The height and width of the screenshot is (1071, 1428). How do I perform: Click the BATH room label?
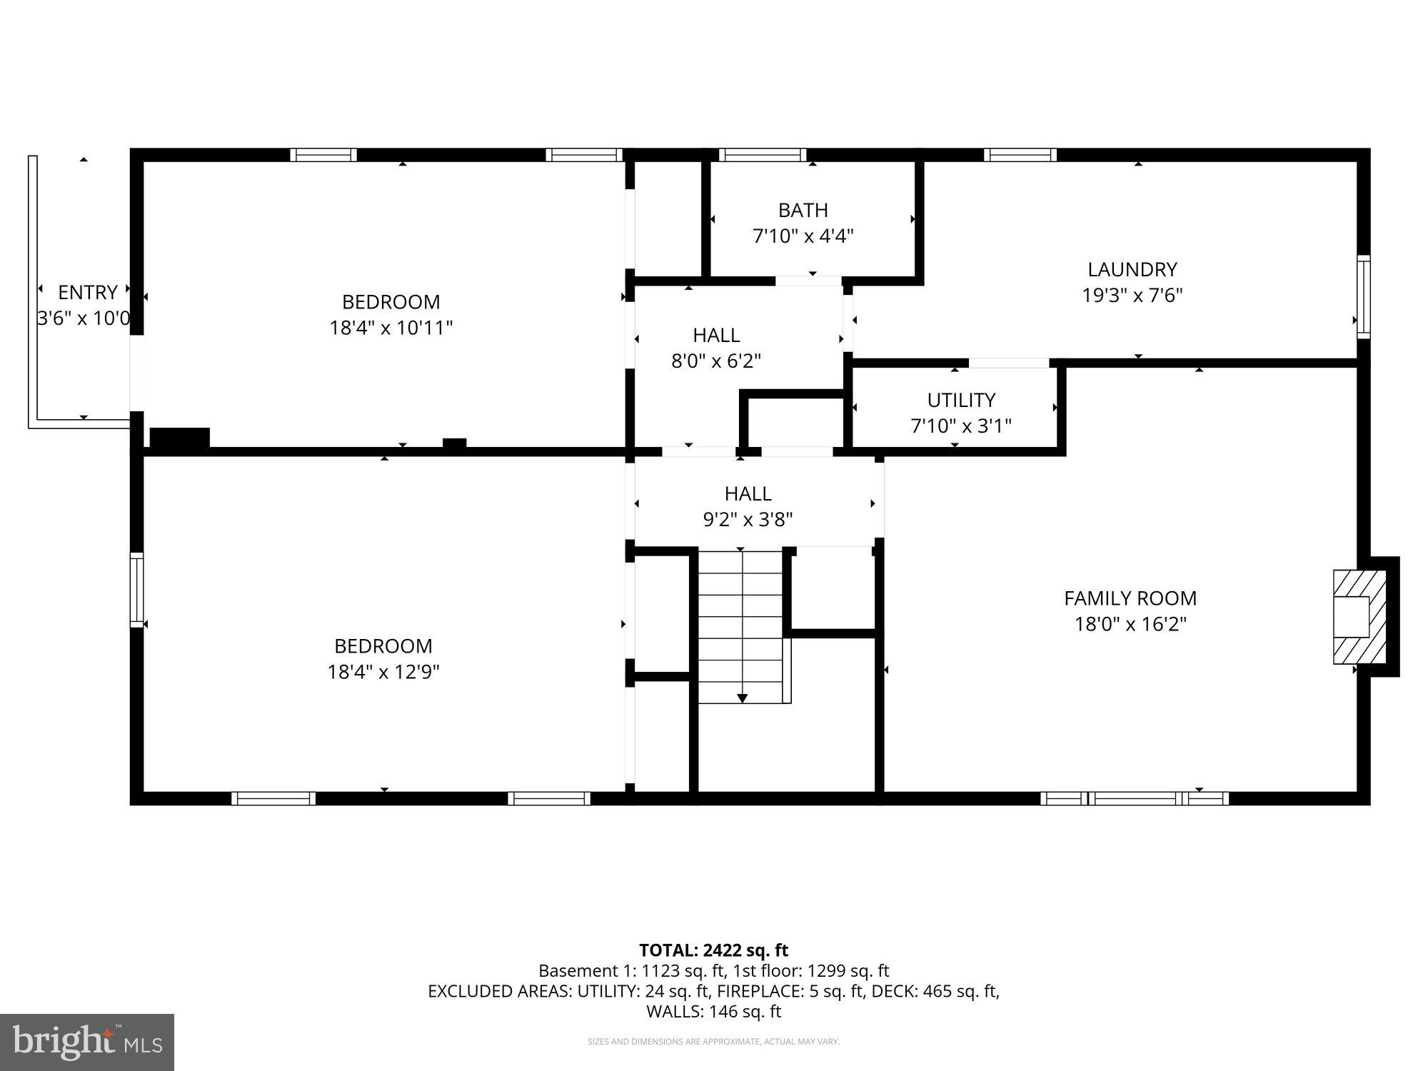click(x=803, y=210)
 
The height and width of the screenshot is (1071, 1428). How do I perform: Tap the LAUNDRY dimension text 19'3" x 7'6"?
click(x=1132, y=295)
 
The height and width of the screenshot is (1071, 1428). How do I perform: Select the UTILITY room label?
click(x=960, y=400)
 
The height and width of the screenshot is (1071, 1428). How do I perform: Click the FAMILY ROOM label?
click(x=1130, y=598)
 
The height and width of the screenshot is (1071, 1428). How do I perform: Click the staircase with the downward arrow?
click(x=742, y=627)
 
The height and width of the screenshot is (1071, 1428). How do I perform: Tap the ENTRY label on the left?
click(x=87, y=292)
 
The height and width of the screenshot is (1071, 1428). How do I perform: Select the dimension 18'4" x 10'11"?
click(x=391, y=328)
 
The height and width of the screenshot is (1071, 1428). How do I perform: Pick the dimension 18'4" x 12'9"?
click(x=383, y=672)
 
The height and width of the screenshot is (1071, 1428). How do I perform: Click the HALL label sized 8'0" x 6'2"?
click(x=715, y=335)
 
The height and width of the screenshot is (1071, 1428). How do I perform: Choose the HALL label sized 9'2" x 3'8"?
click(x=748, y=493)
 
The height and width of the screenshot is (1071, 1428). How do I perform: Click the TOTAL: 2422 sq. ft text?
click(x=713, y=950)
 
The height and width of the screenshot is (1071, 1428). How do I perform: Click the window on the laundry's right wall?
click(x=1363, y=296)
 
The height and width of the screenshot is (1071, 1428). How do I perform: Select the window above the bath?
click(x=763, y=155)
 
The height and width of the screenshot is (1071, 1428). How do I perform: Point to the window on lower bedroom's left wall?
click(x=136, y=590)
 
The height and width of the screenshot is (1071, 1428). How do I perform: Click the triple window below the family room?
click(x=1134, y=798)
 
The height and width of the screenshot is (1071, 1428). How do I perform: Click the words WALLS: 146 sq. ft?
click(x=713, y=1011)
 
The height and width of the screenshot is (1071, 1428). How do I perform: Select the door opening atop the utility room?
click(x=1008, y=363)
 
